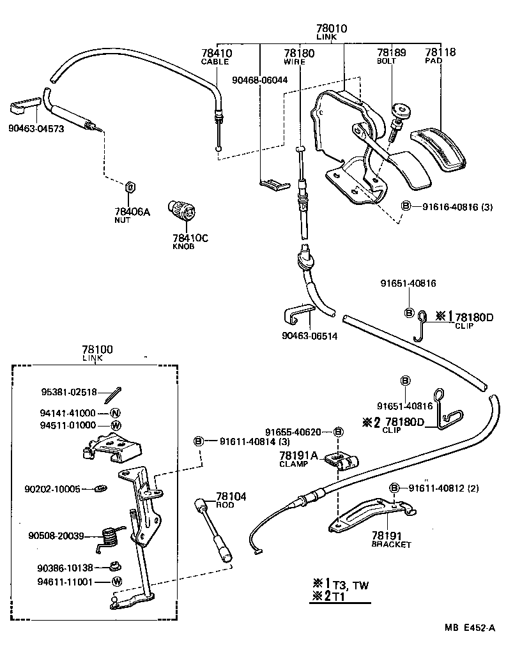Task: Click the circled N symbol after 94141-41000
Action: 116,413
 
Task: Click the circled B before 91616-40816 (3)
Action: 406,206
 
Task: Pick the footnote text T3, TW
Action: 351,584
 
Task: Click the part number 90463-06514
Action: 309,335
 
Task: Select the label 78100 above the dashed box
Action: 97,350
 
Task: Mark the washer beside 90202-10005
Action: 101,489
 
